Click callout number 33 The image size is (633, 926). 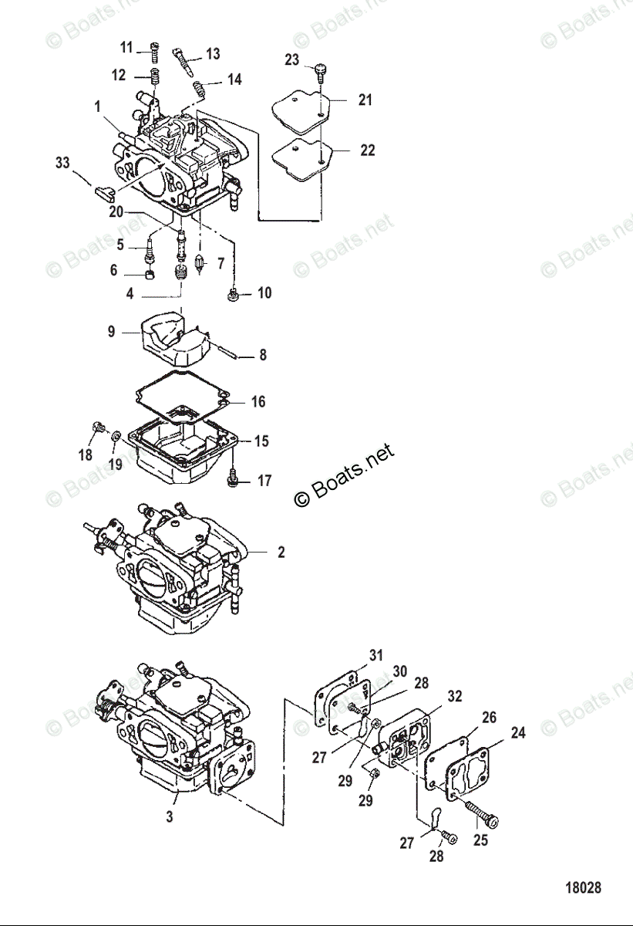(62, 163)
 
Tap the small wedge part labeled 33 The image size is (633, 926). (104, 188)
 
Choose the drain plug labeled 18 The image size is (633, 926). (97, 427)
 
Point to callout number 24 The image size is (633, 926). (518, 732)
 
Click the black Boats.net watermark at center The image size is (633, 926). (344, 475)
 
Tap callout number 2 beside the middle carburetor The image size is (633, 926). (281, 553)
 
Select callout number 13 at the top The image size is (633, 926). (213, 53)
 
